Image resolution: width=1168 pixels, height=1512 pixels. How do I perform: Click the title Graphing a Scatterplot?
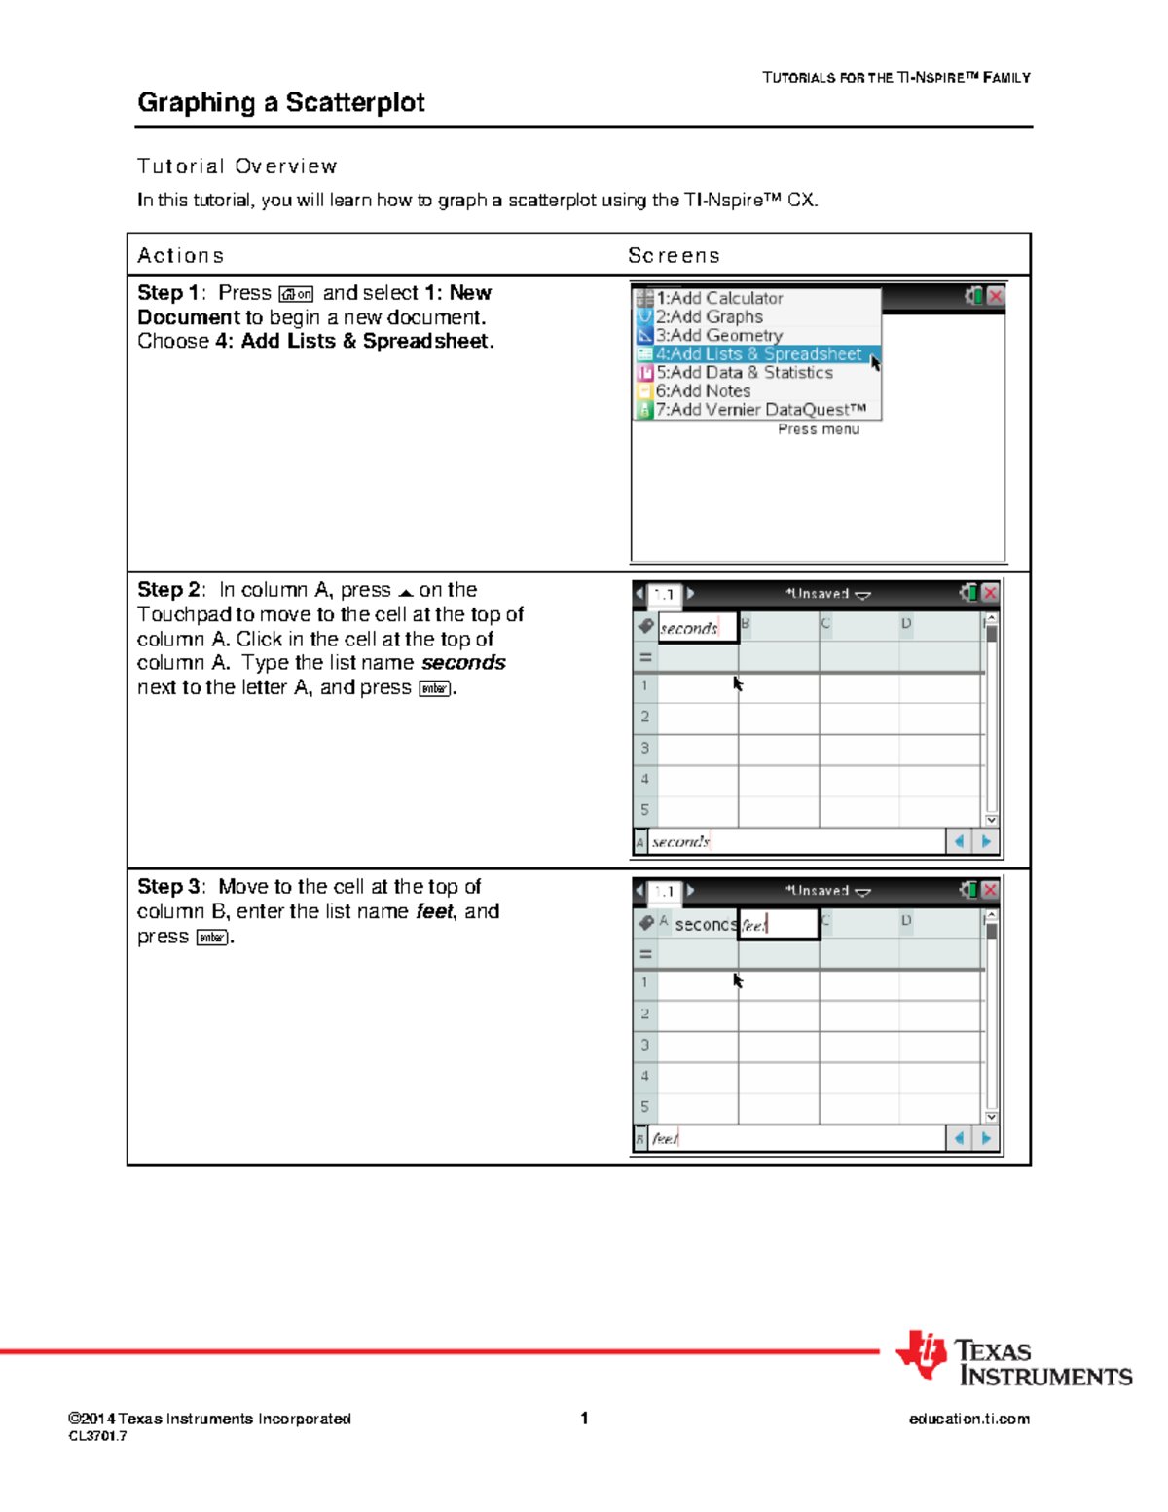click(x=280, y=102)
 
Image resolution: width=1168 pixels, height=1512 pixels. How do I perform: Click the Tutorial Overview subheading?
click(x=237, y=166)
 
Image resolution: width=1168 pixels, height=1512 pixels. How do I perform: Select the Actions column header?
click(x=181, y=255)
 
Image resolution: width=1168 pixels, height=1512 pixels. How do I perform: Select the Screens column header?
click(x=674, y=255)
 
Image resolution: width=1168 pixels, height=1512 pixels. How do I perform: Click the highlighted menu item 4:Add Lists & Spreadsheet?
click(x=758, y=354)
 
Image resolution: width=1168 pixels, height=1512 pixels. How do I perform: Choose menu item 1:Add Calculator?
click(x=719, y=298)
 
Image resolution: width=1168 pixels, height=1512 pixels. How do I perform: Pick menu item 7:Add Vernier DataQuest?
click(x=760, y=410)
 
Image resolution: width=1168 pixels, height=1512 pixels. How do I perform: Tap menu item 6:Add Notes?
click(x=703, y=391)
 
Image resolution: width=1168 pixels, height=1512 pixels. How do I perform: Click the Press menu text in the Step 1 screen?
click(x=818, y=429)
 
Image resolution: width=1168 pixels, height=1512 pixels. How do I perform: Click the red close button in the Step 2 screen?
click(x=990, y=593)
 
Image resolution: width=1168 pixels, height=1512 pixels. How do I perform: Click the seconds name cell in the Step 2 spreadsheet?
click(x=697, y=628)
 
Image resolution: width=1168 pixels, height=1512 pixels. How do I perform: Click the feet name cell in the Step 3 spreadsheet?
click(x=778, y=925)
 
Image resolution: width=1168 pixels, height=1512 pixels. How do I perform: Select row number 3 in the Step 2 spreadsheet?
click(x=644, y=748)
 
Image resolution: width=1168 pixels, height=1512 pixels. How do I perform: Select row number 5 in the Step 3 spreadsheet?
click(x=644, y=1107)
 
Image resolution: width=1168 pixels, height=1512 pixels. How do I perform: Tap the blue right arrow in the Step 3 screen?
click(x=986, y=1138)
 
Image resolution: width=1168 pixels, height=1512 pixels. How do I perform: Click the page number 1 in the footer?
click(x=584, y=1418)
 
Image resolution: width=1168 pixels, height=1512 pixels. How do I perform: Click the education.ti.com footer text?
click(x=968, y=1419)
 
